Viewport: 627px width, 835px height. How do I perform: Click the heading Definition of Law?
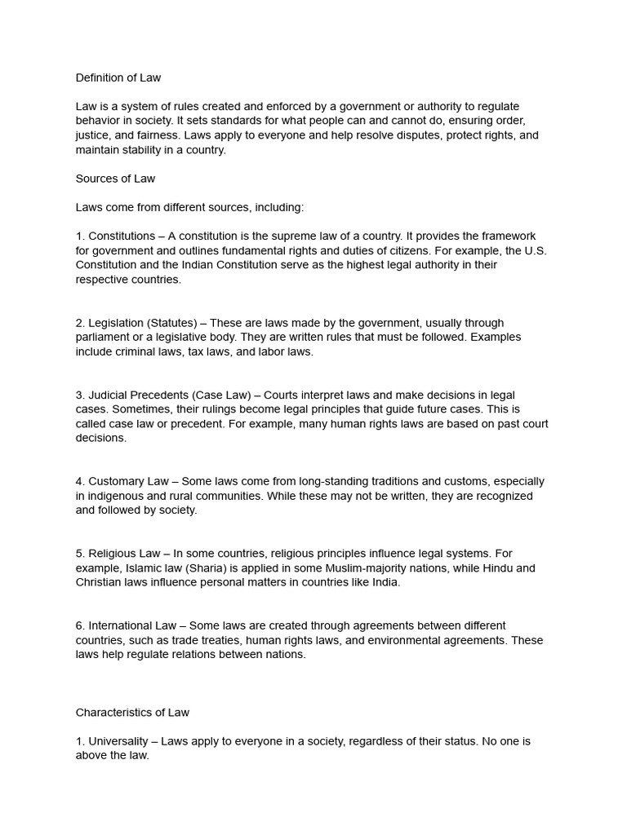(x=118, y=78)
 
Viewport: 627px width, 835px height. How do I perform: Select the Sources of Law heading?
(x=115, y=179)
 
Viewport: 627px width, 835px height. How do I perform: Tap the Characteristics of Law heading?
(x=132, y=713)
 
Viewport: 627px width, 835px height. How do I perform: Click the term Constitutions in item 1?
(x=122, y=236)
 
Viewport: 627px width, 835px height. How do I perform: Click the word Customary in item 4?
(x=117, y=482)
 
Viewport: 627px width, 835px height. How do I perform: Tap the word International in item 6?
(x=120, y=626)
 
